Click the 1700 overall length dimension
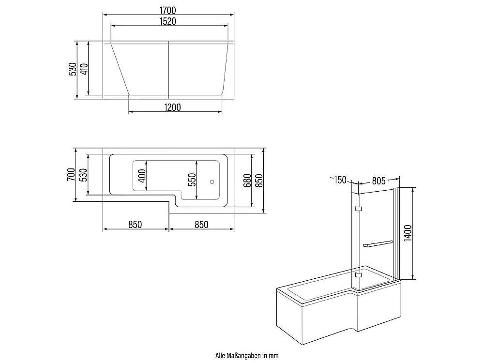pyautogui.click(x=168, y=10)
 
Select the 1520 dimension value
pyautogui.click(x=168, y=21)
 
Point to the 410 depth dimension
pyautogui.click(x=84, y=69)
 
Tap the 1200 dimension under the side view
pyautogui.click(x=173, y=107)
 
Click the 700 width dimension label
pyautogui.click(x=71, y=174)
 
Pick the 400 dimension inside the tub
pyautogui.click(x=142, y=176)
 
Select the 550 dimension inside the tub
pyautogui.click(x=192, y=180)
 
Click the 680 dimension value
pyautogui.click(x=247, y=181)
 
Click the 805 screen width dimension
pyautogui.click(x=379, y=181)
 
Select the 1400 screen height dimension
pyautogui.click(x=408, y=233)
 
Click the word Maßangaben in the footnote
pyautogui.click(x=243, y=356)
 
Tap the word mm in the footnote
pyautogui.click(x=275, y=356)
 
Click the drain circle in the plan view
pyautogui.click(x=212, y=182)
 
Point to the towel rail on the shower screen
pyautogui.click(x=378, y=244)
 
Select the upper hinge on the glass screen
pyautogui.click(x=358, y=209)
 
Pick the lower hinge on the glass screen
pyautogui.click(x=358, y=274)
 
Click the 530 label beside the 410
pyautogui.click(x=73, y=69)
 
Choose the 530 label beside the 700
pyautogui.click(x=83, y=175)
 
